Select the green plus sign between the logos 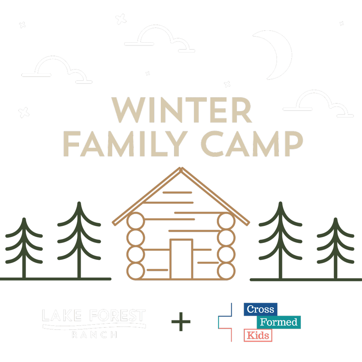(x=181, y=321)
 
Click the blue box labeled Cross (x=260, y=309)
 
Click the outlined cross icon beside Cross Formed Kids (x=225, y=322)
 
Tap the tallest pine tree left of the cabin (x=79, y=239)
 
